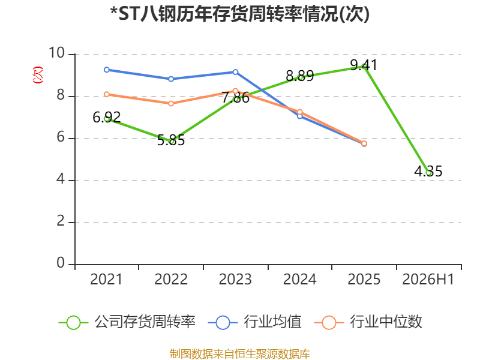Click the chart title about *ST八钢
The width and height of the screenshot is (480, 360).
[x=239, y=14]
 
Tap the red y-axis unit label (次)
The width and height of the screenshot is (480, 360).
[x=38, y=75]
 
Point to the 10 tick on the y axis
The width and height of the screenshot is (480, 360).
[x=56, y=53]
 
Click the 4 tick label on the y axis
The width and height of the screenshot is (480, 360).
[x=61, y=179]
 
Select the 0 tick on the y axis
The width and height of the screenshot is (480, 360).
[x=61, y=263]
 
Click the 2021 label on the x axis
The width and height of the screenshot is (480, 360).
[x=106, y=279]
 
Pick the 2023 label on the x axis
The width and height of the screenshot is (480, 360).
[x=235, y=279]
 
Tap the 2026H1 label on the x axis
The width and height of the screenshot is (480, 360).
[x=428, y=279]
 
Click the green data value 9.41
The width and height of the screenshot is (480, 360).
[x=364, y=65]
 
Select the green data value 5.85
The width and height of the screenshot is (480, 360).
[x=171, y=140]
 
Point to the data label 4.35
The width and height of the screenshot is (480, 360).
[x=428, y=172]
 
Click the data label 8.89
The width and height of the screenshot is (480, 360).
[x=299, y=76]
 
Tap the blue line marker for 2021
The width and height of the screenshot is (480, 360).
[x=107, y=70]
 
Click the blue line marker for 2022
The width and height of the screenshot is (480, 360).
[x=171, y=79]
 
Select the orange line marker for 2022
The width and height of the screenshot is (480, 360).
[x=171, y=103]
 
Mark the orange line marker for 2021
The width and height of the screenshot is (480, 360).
[x=107, y=94]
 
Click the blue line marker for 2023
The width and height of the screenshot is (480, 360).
[x=235, y=72]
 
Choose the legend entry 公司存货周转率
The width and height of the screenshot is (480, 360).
[x=127, y=322]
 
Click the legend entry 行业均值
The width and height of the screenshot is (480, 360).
[x=254, y=322]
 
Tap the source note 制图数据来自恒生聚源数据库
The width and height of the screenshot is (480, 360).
[x=240, y=354]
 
